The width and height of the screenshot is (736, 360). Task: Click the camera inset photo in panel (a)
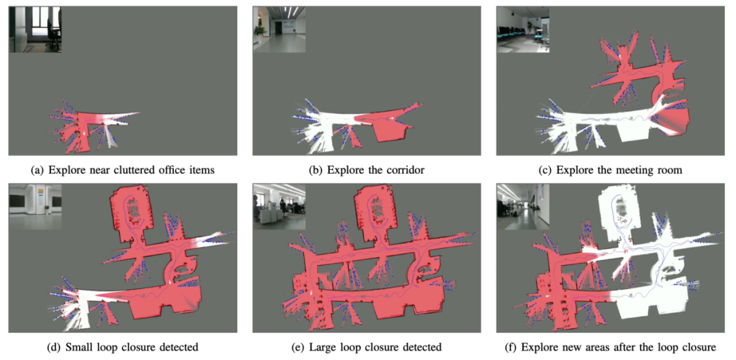(35, 29)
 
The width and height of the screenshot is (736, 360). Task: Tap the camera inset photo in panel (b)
(279, 29)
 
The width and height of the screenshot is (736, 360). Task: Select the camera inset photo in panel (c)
(523, 29)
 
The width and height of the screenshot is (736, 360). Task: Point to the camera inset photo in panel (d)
(35, 207)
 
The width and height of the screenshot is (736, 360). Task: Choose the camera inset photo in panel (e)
(279, 207)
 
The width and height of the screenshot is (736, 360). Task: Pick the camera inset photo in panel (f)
(523, 207)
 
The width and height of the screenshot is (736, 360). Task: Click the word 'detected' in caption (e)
(426, 347)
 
